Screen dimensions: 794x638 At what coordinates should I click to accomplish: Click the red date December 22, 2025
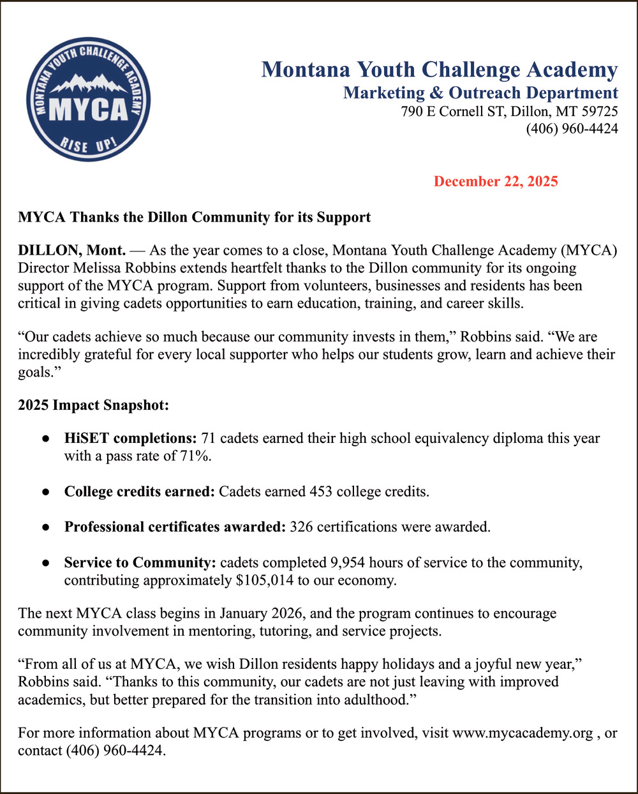[496, 181]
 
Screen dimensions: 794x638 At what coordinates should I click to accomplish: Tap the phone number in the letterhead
[572, 129]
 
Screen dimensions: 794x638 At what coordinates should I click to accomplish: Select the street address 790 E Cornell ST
[452, 111]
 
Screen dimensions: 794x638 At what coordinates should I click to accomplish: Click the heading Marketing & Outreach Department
[480, 93]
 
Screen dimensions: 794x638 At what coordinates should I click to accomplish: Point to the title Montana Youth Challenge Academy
[440, 69]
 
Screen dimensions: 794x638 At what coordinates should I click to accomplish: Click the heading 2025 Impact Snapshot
[93, 405]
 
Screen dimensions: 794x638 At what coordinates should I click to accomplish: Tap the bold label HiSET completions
[130, 438]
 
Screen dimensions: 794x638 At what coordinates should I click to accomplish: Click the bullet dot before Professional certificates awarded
[45, 528]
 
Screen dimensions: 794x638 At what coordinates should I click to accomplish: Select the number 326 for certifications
[301, 527]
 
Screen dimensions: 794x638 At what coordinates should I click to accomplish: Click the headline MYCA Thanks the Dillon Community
[194, 217]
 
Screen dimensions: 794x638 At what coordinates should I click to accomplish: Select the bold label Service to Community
[140, 562]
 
